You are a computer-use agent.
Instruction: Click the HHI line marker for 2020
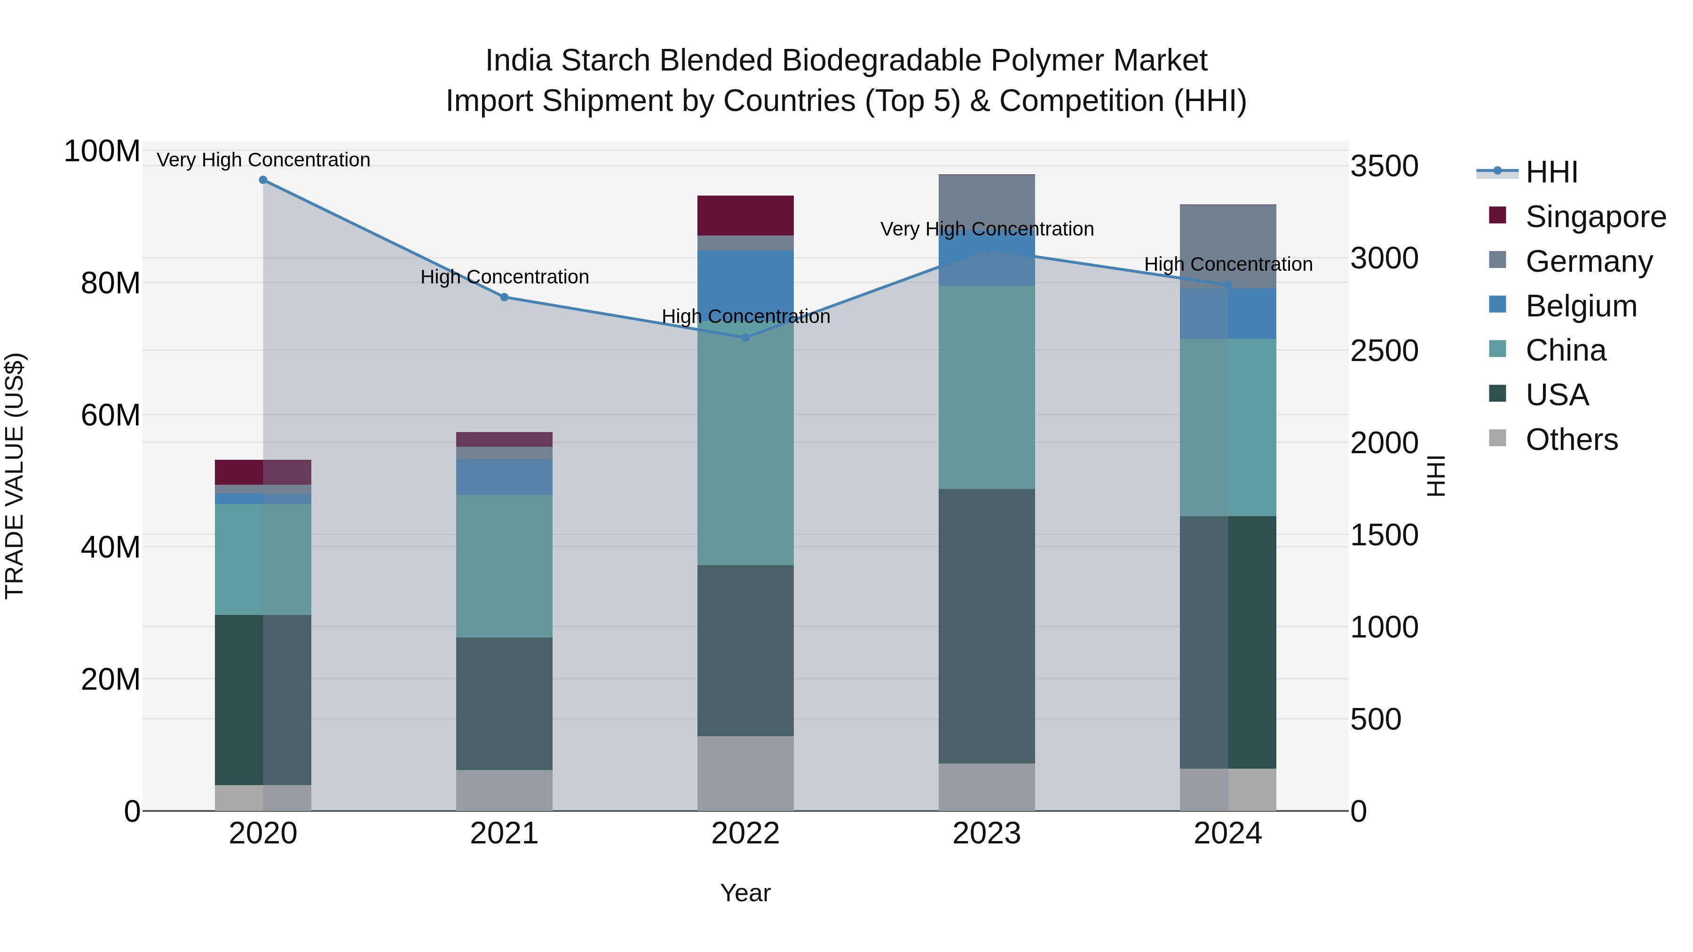pyautogui.click(x=263, y=180)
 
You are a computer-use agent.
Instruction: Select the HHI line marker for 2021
pyautogui.click(x=504, y=297)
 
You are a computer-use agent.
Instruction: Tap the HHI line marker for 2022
pyautogui.click(x=745, y=338)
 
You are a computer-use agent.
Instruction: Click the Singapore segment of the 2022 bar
pyautogui.click(x=745, y=215)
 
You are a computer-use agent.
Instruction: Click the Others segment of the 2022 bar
pyautogui.click(x=745, y=773)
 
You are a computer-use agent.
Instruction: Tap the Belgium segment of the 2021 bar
pyautogui.click(x=504, y=477)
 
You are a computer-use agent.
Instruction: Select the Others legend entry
pyautogui.click(x=1571, y=440)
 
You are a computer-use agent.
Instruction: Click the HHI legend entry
pyautogui.click(x=1551, y=172)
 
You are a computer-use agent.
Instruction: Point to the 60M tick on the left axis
pyautogui.click(x=111, y=415)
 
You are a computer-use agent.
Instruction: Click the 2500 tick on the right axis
pyautogui.click(x=1384, y=351)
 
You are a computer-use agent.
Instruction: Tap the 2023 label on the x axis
pyautogui.click(x=987, y=834)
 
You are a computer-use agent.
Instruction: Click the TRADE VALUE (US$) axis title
pyautogui.click(x=15, y=476)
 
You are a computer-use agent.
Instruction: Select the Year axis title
pyautogui.click(x=745, y=893)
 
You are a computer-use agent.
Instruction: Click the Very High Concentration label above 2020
pyautogui.click(x=263, y=160)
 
